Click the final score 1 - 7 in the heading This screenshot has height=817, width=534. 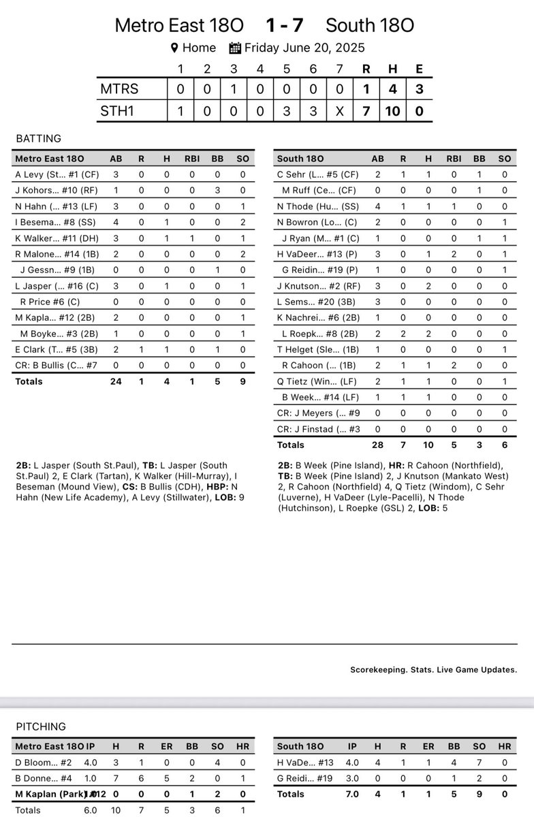[285, 26]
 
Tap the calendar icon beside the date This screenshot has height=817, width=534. [235, 48]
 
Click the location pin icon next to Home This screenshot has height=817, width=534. [174, 48]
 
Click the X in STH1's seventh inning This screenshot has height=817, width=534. [340, 110]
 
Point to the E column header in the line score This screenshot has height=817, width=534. [419, 69]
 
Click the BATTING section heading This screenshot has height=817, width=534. [38, 139]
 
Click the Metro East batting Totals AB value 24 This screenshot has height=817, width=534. [116, 381]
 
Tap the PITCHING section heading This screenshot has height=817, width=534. [40, 727]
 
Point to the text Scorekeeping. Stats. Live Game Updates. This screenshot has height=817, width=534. [433, 670]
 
